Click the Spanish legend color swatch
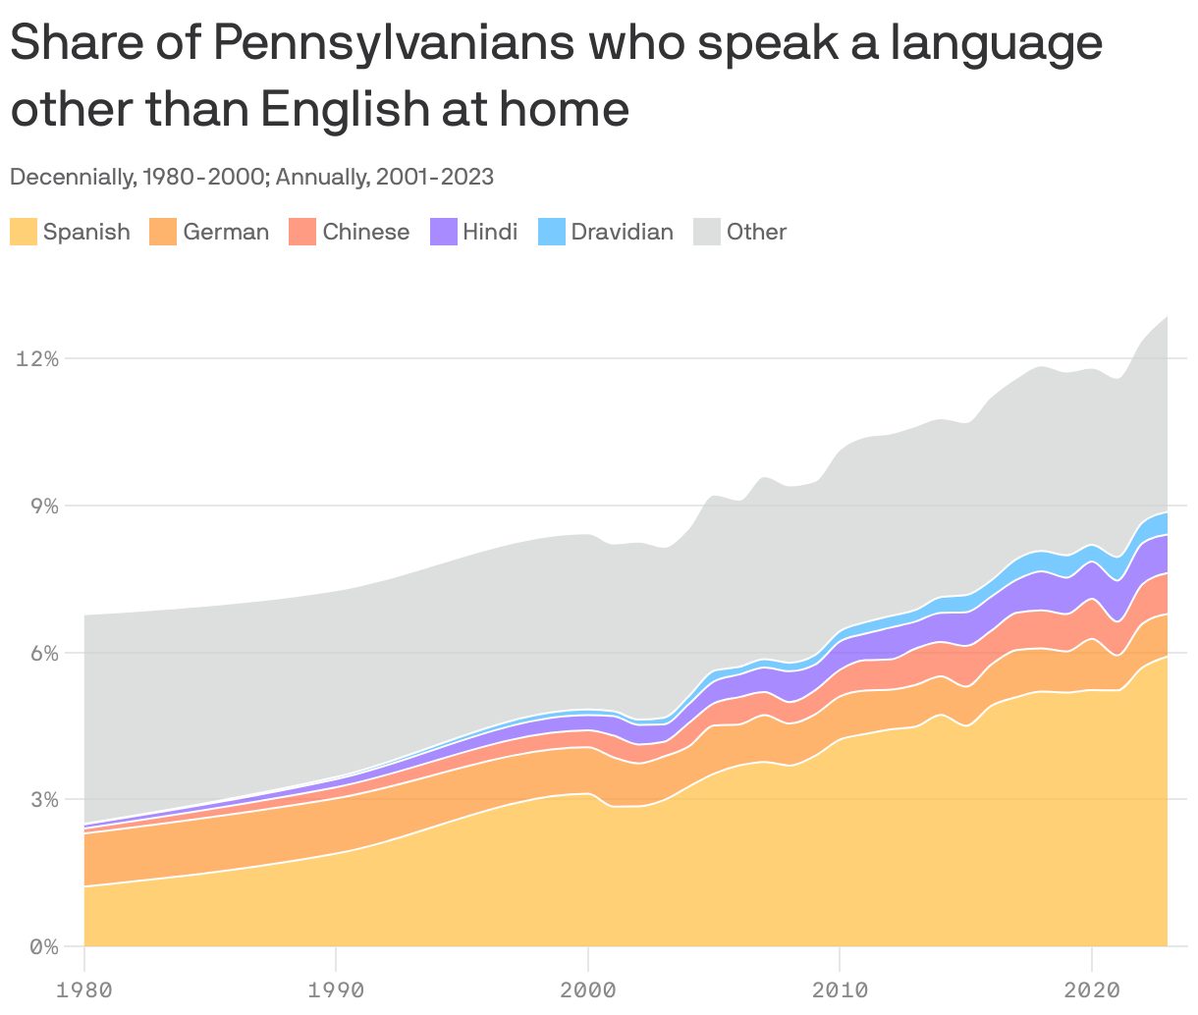tap(24, 233)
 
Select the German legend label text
tap(226, 233)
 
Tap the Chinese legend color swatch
tap(301, 233)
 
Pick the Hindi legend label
tap(490, 233)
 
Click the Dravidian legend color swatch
tap(552, 233)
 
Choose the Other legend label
tap(756, 233)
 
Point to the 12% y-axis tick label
tap(37, 359)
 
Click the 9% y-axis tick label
tap(43, 507)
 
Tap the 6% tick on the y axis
tap(43, 654)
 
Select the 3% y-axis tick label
tap(43, 800)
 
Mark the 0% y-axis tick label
tap(43, 947)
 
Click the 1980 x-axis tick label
tap(84, 989)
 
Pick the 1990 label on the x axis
tap(336, 989)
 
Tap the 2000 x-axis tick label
tap(587, 989)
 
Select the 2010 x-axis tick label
tap(840, 989)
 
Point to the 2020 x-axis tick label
tap(1091, 989)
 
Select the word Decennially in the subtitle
tap(71, 178)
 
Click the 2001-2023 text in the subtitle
tap(435, 178)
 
